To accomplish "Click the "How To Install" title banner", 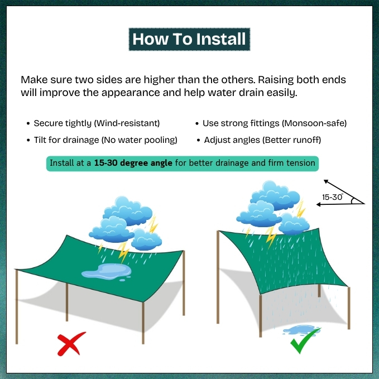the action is tap(189, 39).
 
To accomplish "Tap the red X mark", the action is tap(71, 344).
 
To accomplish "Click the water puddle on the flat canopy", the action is tap(107, 272).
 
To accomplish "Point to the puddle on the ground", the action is tap(300, 330).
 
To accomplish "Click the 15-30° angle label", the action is tap(332, 197).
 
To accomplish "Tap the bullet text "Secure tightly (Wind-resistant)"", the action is tap(97, 123).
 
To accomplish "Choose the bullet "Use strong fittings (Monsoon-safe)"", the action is tap(275, 123).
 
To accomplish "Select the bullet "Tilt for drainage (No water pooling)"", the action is tap(105, 140).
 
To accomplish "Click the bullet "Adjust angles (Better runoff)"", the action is tap(262, 140).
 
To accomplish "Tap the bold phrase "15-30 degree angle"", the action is tap(133, 163).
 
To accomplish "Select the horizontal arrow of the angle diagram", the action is tap(340, 204).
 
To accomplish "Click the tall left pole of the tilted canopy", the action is tap(218, 277).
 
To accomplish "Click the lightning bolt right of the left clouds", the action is tap(153, 224).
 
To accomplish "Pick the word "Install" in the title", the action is tap(221, 39).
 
